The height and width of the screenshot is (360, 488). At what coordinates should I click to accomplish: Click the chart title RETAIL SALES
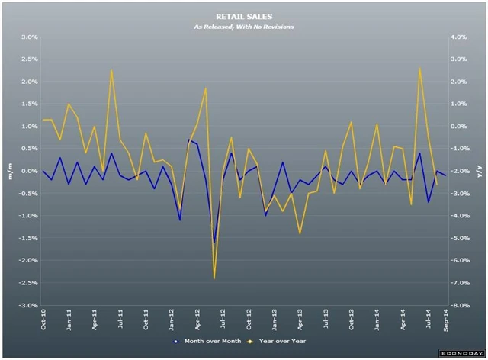[x=243, y=15]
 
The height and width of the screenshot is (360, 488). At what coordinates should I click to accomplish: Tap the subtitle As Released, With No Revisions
[x=243, y=27]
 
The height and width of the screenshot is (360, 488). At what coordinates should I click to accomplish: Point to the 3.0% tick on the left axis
[x=29, y=37]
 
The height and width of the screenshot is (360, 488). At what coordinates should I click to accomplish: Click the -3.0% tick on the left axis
[x=27, y=305]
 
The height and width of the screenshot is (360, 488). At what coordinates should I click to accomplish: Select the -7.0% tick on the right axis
[x=459, y=283]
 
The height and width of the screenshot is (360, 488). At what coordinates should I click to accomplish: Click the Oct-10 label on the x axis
[x=43, y=322]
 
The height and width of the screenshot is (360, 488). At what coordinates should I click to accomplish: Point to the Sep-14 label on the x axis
[x=445, y=322]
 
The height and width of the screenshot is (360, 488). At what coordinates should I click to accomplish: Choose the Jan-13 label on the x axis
[x=275, y=322]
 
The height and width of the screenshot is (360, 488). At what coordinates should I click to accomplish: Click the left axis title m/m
[x=9, y=170]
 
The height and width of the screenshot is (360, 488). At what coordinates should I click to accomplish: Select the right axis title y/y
[x=477, y=170]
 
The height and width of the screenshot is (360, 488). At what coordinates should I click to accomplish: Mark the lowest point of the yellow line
[x=214, y=278]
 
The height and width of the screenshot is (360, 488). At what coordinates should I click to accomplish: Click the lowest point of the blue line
[x=214, y=243]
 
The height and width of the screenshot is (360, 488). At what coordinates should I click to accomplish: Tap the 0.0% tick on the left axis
[x=29, y=171]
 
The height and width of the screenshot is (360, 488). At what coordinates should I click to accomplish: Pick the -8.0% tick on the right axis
[x=459, y=305]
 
